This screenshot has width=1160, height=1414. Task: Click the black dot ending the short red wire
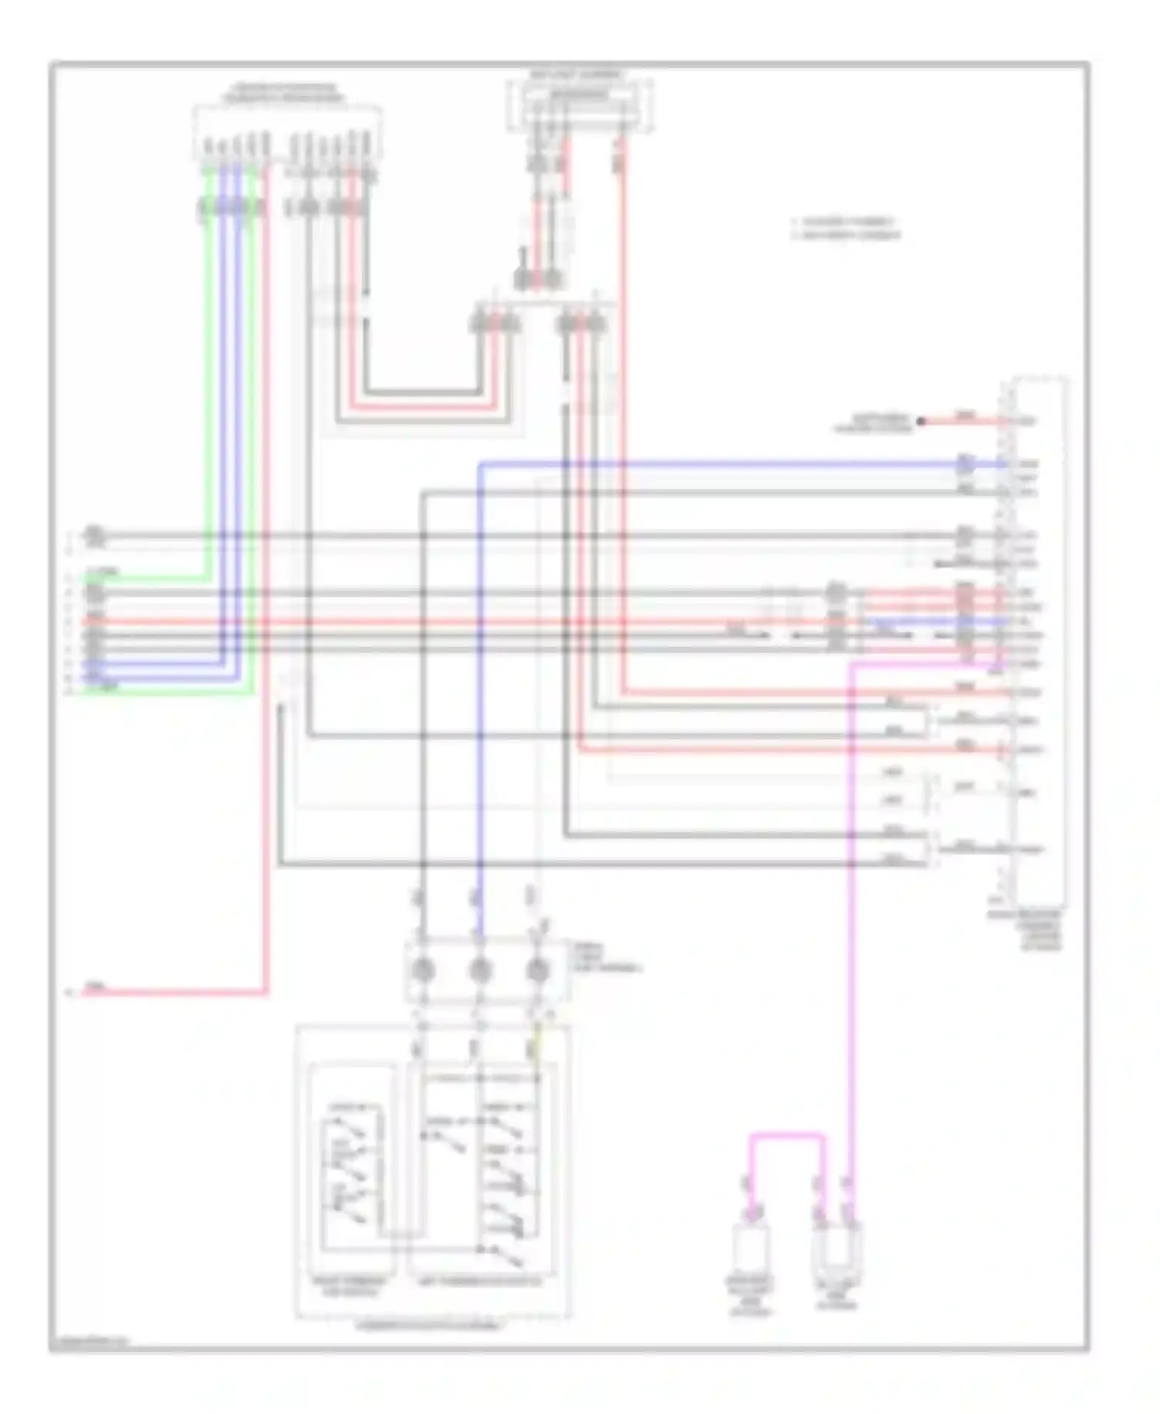point(920,422)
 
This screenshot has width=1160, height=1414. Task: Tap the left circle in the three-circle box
point(423,970)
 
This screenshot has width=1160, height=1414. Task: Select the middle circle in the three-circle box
point(480,970)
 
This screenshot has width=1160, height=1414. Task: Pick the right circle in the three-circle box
point(537,970)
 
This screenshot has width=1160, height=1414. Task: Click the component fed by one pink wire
point(750,1247)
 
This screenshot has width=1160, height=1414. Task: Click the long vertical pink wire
point(851,928)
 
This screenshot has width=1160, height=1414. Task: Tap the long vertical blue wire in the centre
point(480,696)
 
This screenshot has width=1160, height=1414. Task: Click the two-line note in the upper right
point(846,228)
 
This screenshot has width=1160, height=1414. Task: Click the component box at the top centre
point(580,105)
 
